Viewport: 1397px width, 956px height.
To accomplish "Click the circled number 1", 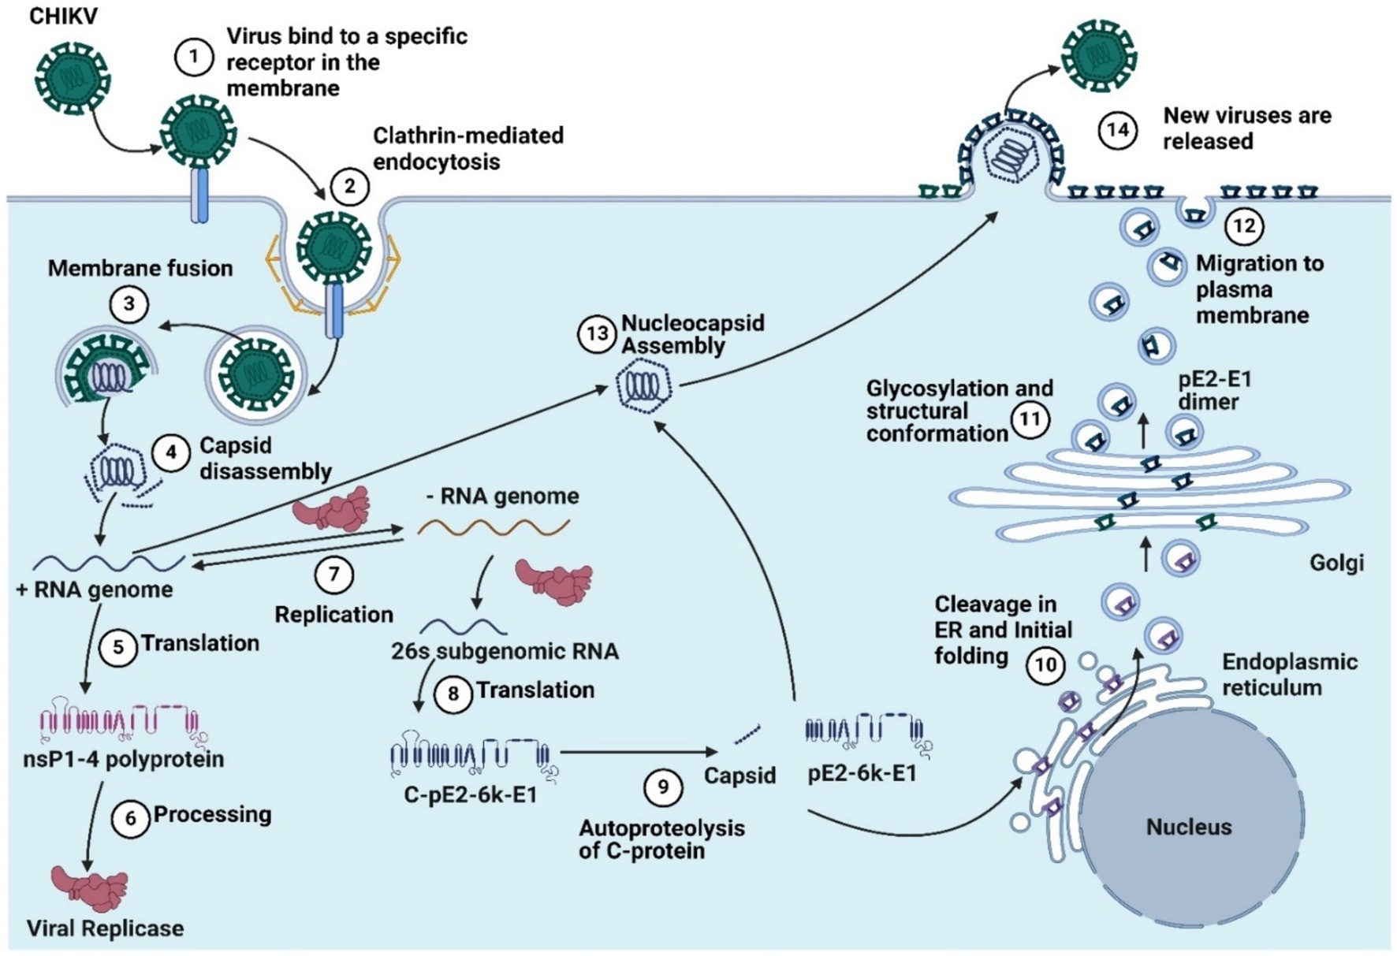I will pyautogui.click(x=193, y=58).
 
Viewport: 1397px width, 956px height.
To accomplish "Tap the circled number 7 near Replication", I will pyautogui.click(x=334, y=575).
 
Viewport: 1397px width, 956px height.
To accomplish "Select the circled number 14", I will pyautogui.click(x=1118, y=128).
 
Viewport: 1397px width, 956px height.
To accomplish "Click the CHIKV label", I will pyautogui.click(x=63, y=17).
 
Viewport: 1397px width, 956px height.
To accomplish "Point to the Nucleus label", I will pyautogui.click(x=1188, y=827).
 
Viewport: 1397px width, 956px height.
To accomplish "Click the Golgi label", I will pyautogui.click(x=1336, y=562).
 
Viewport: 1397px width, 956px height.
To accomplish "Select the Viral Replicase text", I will pyautogui.click(x=105, y=928).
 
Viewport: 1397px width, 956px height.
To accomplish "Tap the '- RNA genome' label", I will pyautogui.click(x=502, y=496).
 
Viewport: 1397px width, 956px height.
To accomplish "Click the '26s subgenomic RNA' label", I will pyautogui.click(x=505, y=652).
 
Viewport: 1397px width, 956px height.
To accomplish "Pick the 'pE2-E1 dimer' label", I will pyautogui.click(x=1214, y=390).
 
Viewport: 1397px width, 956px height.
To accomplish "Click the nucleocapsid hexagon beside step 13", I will pyautogui.click(x=643, y=386).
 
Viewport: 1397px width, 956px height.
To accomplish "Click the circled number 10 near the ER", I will pyautogui.click(x=1045, y=665).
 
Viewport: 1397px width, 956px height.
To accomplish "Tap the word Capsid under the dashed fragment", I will pyautogui.click(x=739, y=776).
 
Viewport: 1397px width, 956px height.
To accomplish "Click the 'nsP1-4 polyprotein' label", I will pyautogui.click(x=125, y=759).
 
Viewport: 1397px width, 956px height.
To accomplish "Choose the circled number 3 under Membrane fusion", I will pyautogui.click(x=129, y=304).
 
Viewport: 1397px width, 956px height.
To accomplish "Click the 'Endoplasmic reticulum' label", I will pyautogui.click(x=1289, y=674).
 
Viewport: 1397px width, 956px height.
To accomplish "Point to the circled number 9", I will pyautogui.click(x=662, y=787).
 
